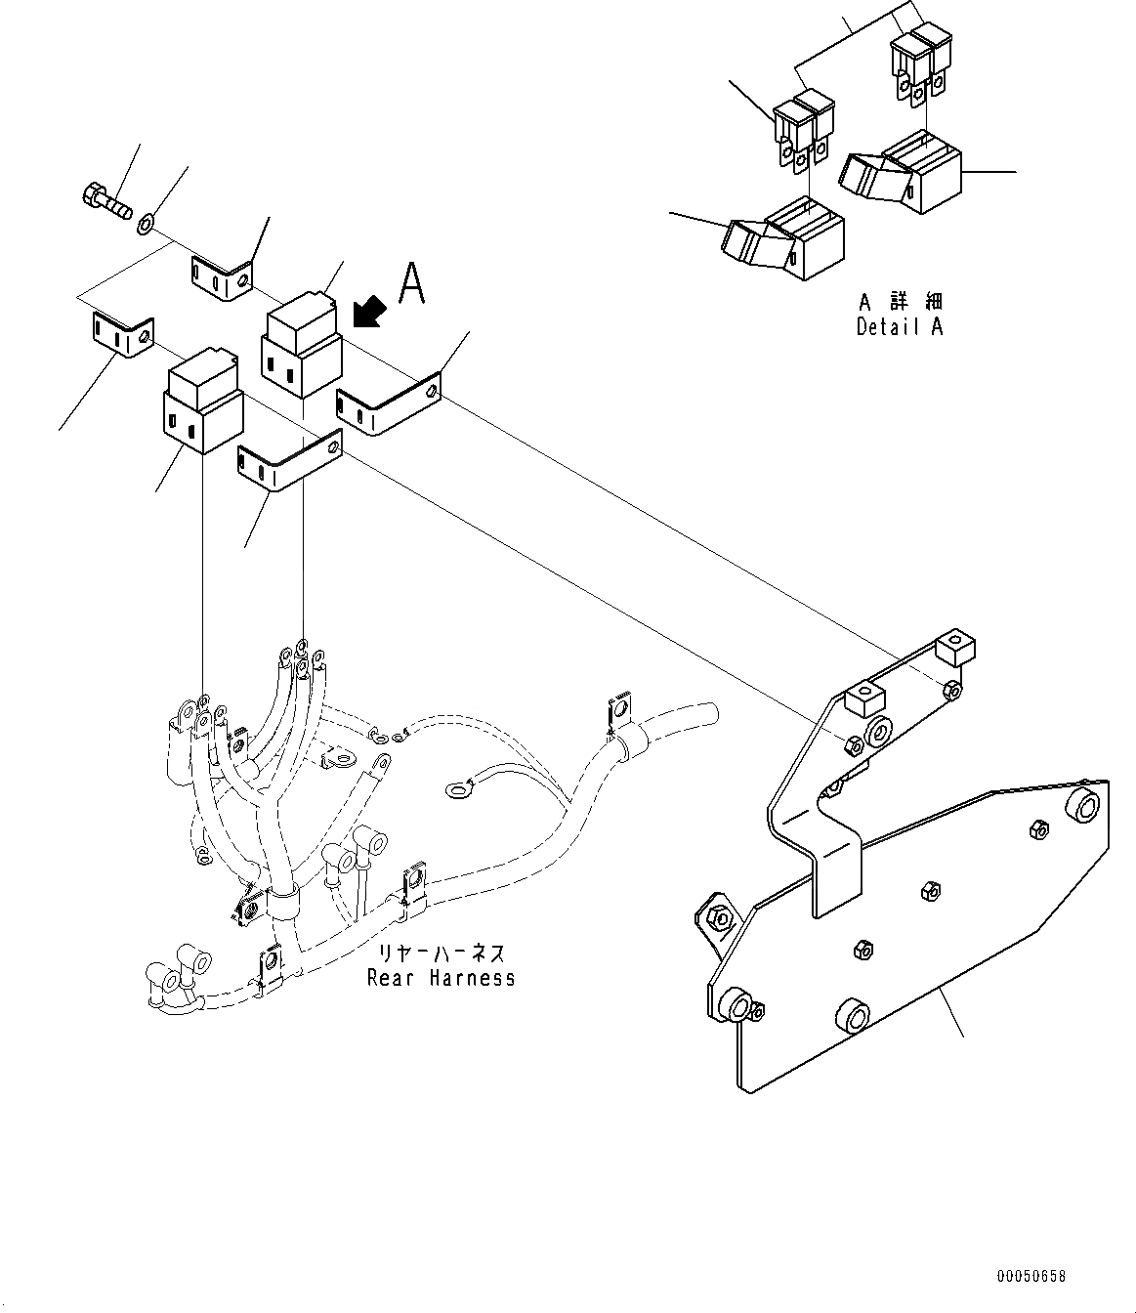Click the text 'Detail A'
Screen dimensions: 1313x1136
(900, 327)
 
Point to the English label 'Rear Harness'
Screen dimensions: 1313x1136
(441, 977)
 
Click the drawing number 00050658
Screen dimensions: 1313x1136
(1031, 1277)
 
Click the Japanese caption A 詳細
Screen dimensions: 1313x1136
(900, 302)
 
